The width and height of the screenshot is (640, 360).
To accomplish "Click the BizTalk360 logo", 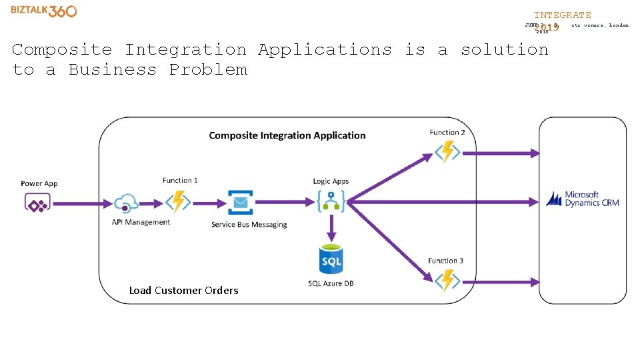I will (x=44, y=11).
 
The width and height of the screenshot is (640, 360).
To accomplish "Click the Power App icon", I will (x=37, y=202).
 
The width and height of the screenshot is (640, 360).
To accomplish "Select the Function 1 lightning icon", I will (x=178, y=201).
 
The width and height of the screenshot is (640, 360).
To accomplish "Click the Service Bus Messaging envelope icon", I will (x=241, y=202).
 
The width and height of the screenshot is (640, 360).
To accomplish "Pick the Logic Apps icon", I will (x=331, y=201).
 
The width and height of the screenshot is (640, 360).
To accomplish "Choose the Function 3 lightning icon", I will (x=447, y=281).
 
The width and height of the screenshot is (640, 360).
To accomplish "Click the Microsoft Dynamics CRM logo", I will (x=583, y=199).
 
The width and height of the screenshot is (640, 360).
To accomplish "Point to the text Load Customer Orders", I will (x=183, y=290).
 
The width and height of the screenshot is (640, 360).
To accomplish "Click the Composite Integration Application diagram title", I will (x=287, y=135).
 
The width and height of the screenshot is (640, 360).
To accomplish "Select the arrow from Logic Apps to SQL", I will (x=331, y=230).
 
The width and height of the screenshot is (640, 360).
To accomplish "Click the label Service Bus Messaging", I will (x=249, y=225).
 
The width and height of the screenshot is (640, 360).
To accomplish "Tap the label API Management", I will (x=141, y=222).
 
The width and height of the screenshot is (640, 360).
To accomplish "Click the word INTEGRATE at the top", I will (x=562, y=15).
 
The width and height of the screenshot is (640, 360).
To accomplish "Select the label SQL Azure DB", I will (x=331, y=283).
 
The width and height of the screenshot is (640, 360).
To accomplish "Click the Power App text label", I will (x=39, y=183).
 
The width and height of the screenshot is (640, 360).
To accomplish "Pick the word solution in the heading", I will (x=504, y=49).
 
